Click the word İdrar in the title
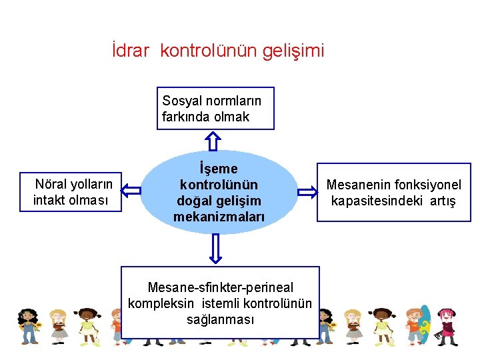click(x=131, y=50)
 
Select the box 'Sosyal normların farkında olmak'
click(x=215, y=108)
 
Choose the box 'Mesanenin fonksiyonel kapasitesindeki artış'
click(x=393, y=192)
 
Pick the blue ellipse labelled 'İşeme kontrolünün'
click(x=219, y=192)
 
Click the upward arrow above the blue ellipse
click(x=213, y=140)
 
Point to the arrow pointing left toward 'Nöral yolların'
click(x=132, y=191)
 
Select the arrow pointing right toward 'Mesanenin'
click(x=307, y=192)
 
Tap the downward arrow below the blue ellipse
click(x=215, y=249)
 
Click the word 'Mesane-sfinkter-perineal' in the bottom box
click(x=220, y=287)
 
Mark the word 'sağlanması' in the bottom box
click(x=220, y=319)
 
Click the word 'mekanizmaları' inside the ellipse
click(x=219, y=217)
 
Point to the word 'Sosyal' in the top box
click(x=180, y=101)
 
